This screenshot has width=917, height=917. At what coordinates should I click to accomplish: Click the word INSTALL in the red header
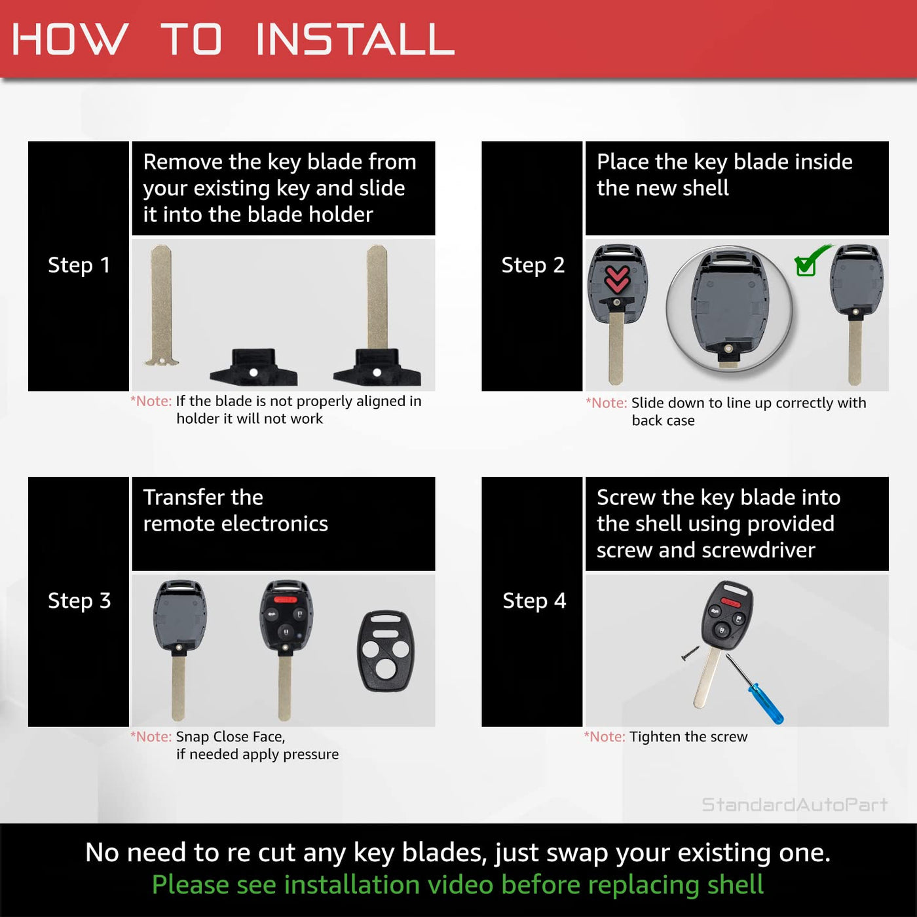(354, 39)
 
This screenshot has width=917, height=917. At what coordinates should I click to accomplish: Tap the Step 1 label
(79, 265)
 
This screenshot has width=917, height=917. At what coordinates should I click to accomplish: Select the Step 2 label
(533, 265)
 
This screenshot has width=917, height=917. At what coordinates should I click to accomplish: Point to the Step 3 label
(79, 601)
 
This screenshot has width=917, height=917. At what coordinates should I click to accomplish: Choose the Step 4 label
(534, 601)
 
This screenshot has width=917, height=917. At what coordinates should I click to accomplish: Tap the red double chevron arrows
(617, 279)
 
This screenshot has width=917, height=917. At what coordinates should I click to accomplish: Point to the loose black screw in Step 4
(690, 652)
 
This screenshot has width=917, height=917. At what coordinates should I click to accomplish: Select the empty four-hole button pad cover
(385, 650)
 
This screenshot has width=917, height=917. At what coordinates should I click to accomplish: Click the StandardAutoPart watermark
(795, 804)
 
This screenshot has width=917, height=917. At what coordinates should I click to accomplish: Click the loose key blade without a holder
(162, 305)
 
